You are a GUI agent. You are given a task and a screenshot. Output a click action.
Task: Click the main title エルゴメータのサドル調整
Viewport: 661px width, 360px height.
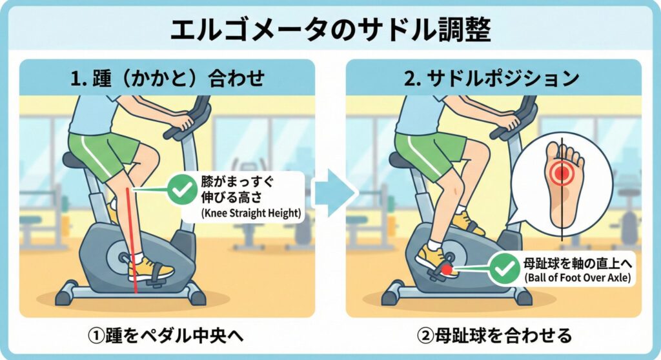coord(330,30)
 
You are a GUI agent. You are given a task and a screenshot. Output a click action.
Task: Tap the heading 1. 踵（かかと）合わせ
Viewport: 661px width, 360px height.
coord(167,78)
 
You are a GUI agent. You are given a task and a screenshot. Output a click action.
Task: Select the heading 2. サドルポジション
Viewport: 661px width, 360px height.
coord(492,78)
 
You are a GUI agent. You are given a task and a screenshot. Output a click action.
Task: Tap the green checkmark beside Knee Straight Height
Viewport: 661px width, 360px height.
coord(182,190)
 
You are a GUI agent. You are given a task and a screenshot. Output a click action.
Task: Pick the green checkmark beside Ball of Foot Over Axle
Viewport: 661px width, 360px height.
coord(505,268)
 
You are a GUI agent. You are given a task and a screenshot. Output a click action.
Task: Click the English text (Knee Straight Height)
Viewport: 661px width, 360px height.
coord(252,214)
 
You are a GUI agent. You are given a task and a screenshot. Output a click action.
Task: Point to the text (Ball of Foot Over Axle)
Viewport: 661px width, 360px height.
coord(578,278)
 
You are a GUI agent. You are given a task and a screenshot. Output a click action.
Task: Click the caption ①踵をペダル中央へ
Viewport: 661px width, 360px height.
coord(166,336)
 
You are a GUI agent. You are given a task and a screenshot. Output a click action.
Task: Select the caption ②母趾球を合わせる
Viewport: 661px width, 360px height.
coord(494,336)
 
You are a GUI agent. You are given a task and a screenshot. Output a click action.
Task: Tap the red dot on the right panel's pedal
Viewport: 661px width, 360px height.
coord(447,268)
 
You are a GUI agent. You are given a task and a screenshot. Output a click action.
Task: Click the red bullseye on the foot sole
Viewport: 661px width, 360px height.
coord(562,172)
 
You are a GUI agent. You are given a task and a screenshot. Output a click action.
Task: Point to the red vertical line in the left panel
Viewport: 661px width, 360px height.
coord(132,239)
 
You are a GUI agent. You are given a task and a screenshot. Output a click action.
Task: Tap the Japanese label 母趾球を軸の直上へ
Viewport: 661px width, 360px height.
coord(578,264)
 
